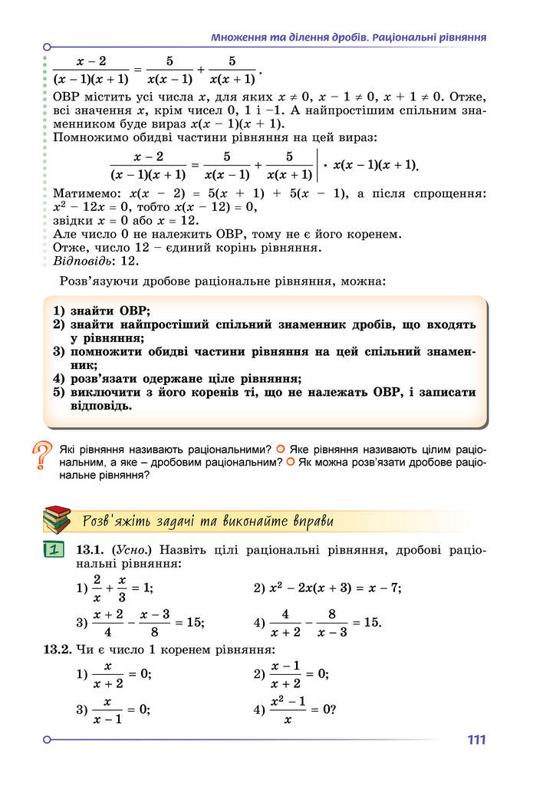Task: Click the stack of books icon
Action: [x=57, y=520]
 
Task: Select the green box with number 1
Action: [x=53, y=549]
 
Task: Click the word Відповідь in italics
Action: [x=81, y=260]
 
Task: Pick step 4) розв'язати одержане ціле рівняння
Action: [x=177, y=378]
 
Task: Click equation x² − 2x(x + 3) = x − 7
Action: [x=334, y=588]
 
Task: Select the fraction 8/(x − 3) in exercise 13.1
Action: [x=332, y=622]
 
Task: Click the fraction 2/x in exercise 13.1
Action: [x=97, y=588]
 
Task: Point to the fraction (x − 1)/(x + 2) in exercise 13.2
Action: [x=285, y=674]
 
